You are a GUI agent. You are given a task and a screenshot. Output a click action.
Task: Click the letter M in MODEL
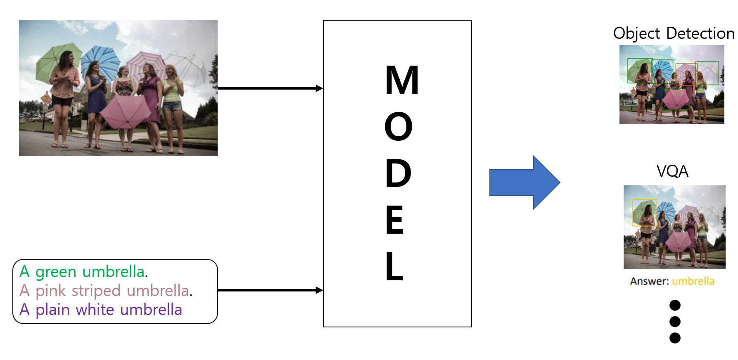(402, 80)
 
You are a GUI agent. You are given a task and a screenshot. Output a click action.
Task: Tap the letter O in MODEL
(398, 127)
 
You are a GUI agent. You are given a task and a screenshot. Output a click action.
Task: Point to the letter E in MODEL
(394, 220)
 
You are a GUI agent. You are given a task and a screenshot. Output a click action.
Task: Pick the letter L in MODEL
(394, 267)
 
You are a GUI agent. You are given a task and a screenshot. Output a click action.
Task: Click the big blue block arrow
(524, 182)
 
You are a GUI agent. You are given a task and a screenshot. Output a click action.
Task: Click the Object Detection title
(674, 33)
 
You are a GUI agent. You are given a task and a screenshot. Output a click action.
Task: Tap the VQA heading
(672, 171)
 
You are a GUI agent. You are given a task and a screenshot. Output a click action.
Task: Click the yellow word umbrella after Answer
(693, 281)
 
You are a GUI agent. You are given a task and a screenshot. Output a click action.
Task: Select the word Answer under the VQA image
(649, 281)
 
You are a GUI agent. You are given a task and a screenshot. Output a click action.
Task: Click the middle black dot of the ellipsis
(675, 321)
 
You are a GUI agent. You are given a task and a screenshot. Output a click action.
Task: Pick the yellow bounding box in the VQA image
(644, 213)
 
